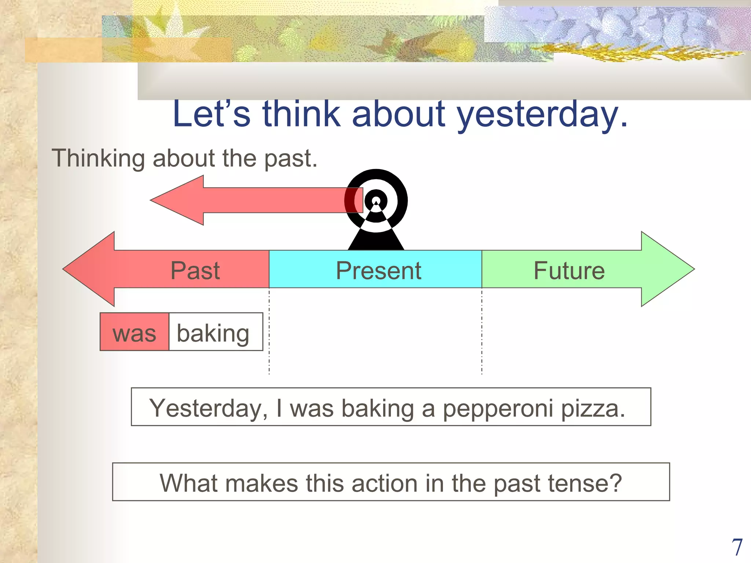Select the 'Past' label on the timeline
pyautogui.click(x=195, y=271)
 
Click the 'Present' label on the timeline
pyautogui.click(x=378, y=271)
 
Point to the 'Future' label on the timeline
pyautogui.click(x=569, y=271)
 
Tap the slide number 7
pyautogui.click(x=737, y=547)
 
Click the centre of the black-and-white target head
pyautogui.click(x=376, y=201)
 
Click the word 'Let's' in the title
pyautogui.click(x=212, y=114)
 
